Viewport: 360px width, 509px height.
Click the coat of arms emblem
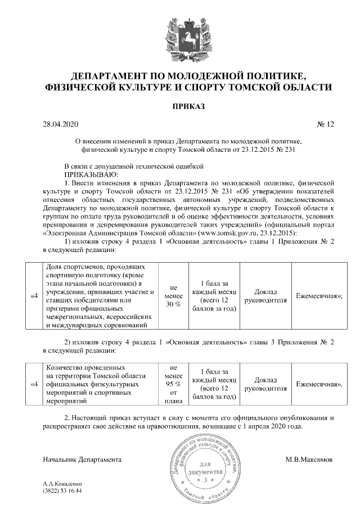click(180, 37)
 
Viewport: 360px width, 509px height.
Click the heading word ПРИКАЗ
click(180, 106)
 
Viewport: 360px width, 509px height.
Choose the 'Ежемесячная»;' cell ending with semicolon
click(319, 296)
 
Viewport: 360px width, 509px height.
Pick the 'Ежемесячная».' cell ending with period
click(319, 384)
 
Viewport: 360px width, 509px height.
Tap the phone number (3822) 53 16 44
click(62, 491)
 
